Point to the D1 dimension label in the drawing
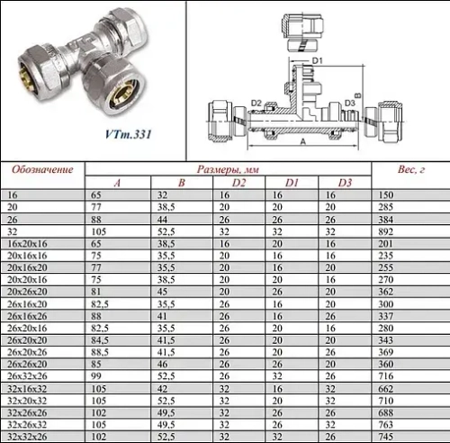(317, 60)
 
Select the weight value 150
(386, 194)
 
